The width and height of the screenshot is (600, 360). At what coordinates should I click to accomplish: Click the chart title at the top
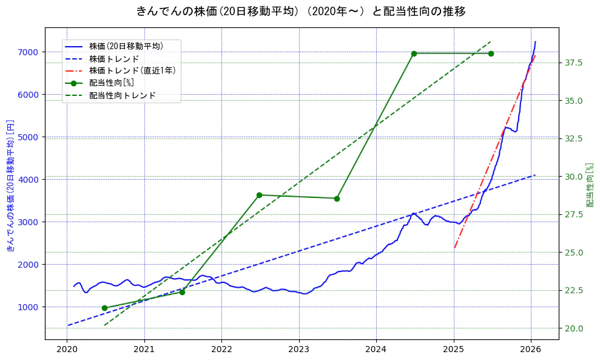[301, 12]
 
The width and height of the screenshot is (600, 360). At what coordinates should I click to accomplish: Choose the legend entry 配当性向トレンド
[122, 95]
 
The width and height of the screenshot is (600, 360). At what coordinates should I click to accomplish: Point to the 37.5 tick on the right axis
[574, 63]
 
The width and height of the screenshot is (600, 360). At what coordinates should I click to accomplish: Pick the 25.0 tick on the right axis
[574, 253]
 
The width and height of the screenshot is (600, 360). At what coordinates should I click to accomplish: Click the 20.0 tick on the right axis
[574, 328]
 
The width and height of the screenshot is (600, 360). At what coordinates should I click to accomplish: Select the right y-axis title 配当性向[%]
[590, 185]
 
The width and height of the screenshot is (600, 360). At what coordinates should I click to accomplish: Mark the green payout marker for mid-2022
[259, 195]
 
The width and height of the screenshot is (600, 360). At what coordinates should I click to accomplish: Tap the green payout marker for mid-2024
[414, 53]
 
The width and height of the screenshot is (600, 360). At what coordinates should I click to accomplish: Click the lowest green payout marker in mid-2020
[104, 308]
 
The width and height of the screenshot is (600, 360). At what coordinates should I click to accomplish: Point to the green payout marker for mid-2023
[337, 199]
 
